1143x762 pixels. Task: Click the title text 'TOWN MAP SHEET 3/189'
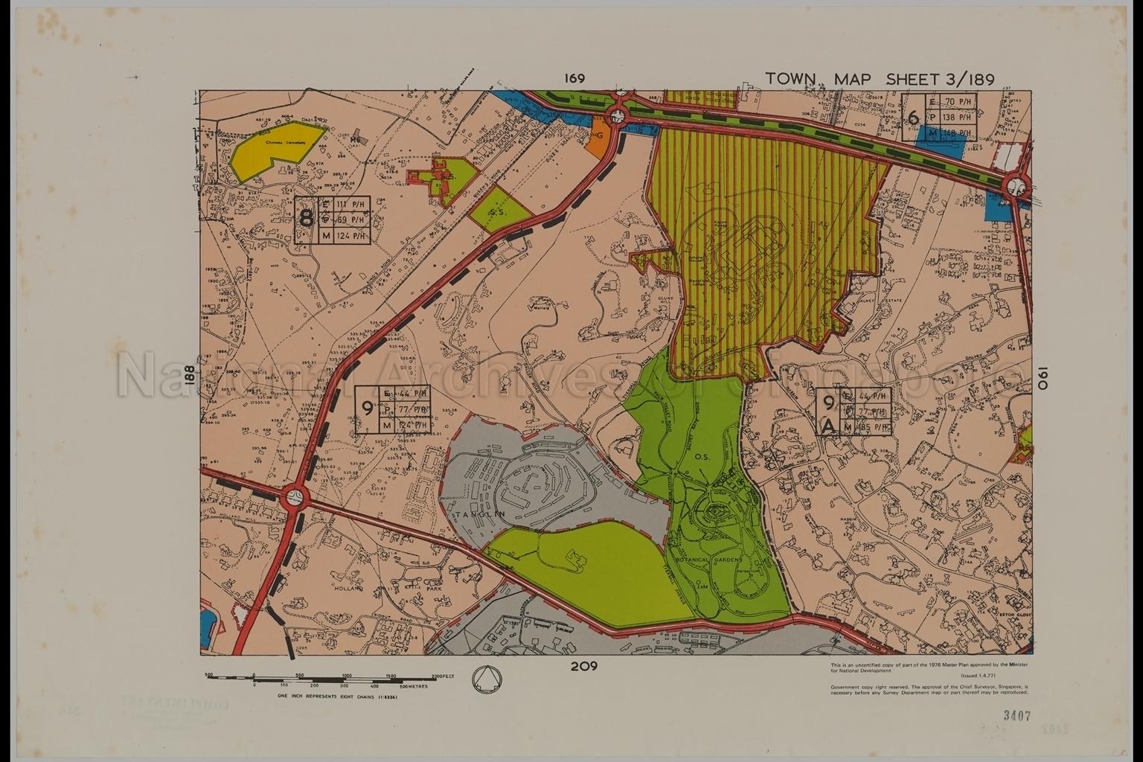click(x=880, y=80)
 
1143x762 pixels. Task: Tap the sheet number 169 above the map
click(x=574, y=78)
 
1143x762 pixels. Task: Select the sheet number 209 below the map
click(x=586, y=666)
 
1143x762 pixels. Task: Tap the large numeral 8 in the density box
click(x=305, y=220)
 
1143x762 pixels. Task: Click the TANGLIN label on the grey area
click(x=476, y=514)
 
